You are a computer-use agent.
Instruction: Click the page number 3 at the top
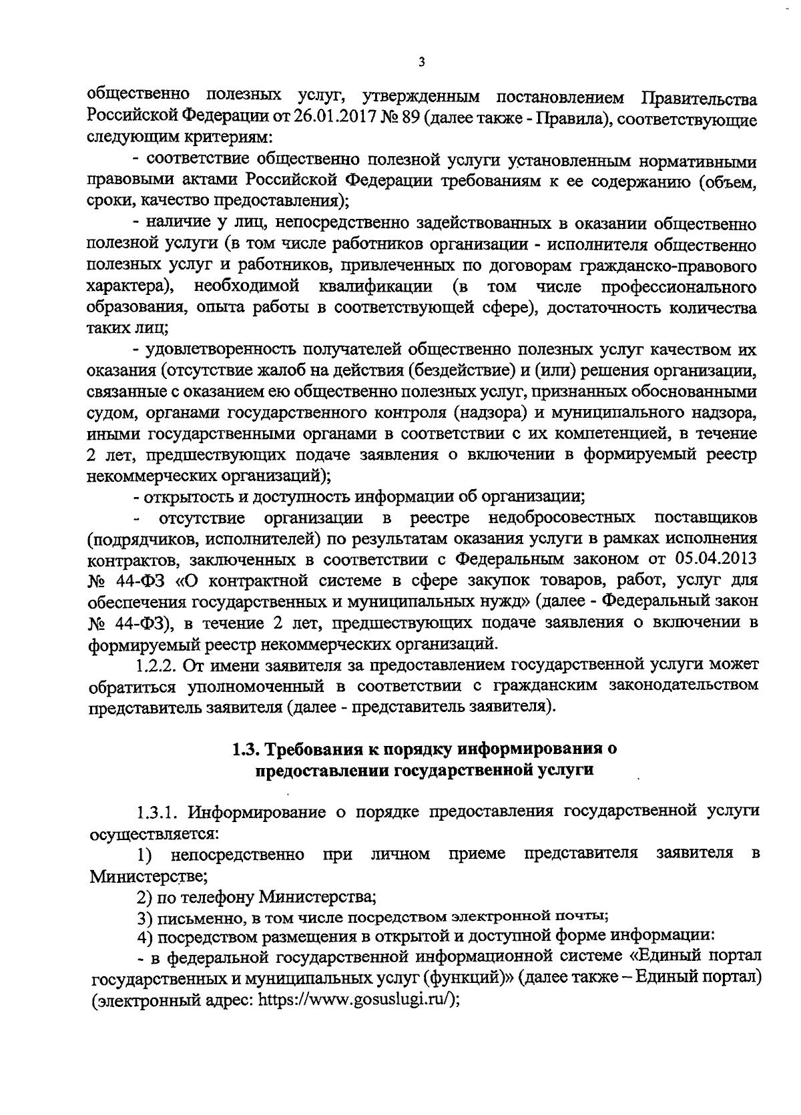[420, 63]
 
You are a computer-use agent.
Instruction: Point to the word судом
[107, 413]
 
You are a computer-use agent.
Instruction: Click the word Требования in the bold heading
[316, 749]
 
